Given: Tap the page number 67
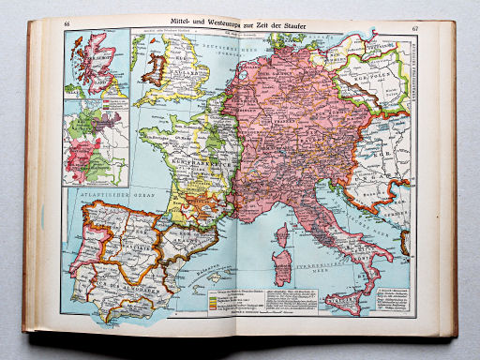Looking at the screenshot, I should [402, 22].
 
